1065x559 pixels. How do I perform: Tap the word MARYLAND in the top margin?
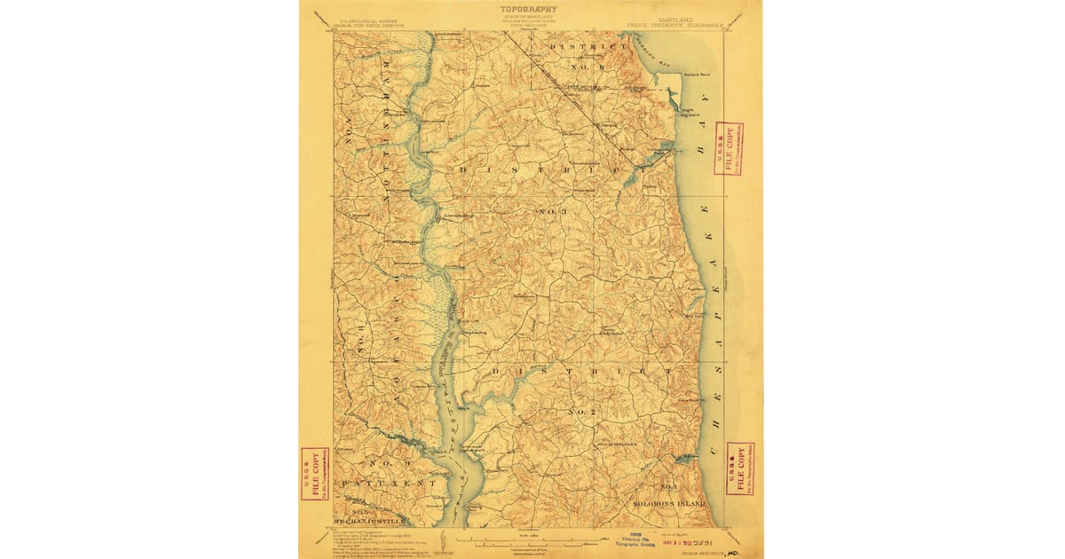coord(675,18)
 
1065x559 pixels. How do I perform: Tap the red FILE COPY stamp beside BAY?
coord(728,148)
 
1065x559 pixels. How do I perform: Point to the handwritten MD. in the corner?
coord(734,550)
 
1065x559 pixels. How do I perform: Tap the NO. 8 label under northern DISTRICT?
coord(587,67)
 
